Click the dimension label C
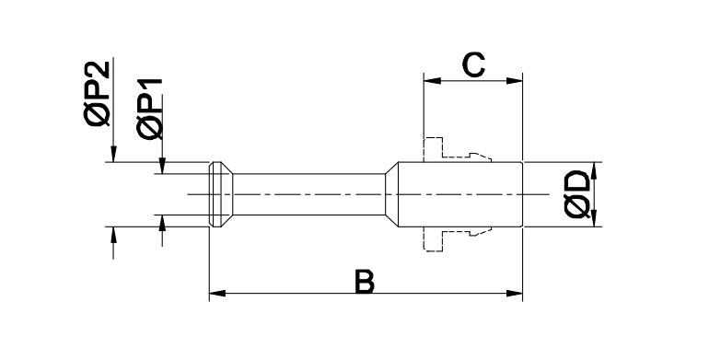pos(473,64)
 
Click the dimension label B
pos(365,282)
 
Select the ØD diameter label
pos(577,194)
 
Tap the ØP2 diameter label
pos(97,93)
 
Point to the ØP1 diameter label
pos(149,109)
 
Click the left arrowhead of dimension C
pos(432,81)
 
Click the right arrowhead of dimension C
pos(514,81)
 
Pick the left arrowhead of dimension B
pos(217,294)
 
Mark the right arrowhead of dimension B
pos(514,294)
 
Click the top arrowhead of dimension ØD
pos(594,170)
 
